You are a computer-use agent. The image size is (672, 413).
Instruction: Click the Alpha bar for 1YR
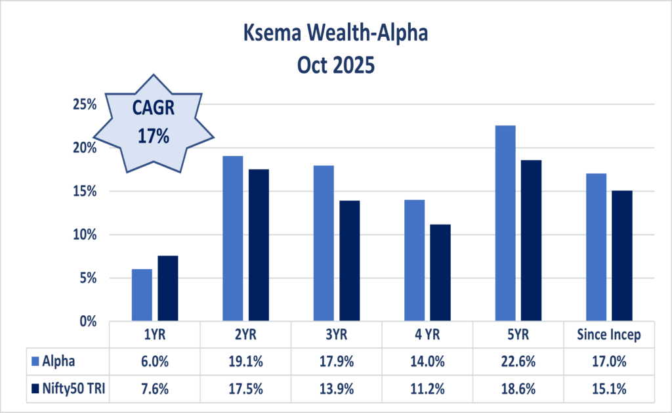[x=142, y=295]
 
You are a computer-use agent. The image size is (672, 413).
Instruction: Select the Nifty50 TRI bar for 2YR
[x=259, y=245]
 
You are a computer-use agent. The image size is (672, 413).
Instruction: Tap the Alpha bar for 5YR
[x=505, y=223]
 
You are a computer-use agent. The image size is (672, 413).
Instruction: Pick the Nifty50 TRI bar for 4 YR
[x=440, y=272]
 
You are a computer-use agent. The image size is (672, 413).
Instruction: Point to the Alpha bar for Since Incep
[x=596, y=248]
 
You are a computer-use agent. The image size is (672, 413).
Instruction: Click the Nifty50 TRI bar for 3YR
[x=350, y=261]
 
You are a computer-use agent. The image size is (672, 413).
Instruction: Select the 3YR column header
[x=336, y=335]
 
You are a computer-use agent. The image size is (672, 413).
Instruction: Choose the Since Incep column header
[x=608, y=335]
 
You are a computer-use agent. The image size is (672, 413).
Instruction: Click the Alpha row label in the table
[x=59, y=360]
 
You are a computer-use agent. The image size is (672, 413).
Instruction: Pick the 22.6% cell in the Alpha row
[x=518, y=360]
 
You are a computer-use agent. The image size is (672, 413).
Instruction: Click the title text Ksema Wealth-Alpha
[x=336, y=32]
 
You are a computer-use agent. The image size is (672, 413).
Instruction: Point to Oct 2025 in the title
[x=336, y=65]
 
